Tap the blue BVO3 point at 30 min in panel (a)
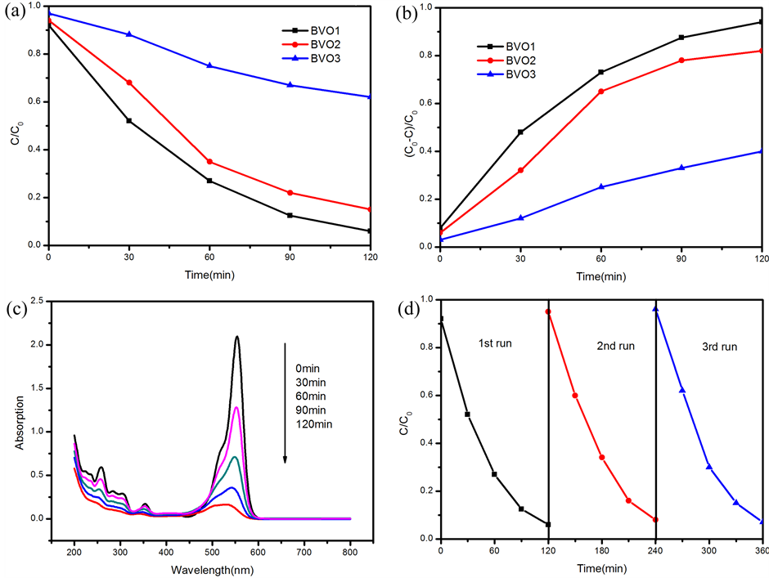pyautogui.click(x=129, y=34)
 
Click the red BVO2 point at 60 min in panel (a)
pyautogui.click(x=210, y=162)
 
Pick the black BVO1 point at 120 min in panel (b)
pyautogui.click(x=761, y=22)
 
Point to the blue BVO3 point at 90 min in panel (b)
pyautogui.click(x=681, y=168)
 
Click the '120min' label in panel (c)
pyautogui.click(x=314, y=423)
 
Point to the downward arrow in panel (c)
pyautogui.click(x=285, y=401)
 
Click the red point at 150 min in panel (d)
pyautogui.click(x=575, y=396)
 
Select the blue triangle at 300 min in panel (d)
pyautogui.click(x=708, y=467)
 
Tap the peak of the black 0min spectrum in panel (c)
pyautogui.click(x=237, y=336)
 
